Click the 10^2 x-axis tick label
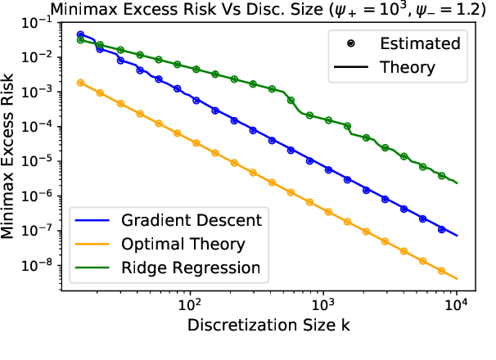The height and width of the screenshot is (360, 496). [x=191, y=303]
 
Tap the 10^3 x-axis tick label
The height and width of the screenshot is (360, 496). [x=324, y=303]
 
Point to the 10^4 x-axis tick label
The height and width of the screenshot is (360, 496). [x=457, y=303]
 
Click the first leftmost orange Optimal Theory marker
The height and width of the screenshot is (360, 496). [x=80, y=83]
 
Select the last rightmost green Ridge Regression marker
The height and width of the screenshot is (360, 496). [x=441, y=176]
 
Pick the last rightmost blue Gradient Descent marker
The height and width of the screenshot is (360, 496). [x=441, y=230]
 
